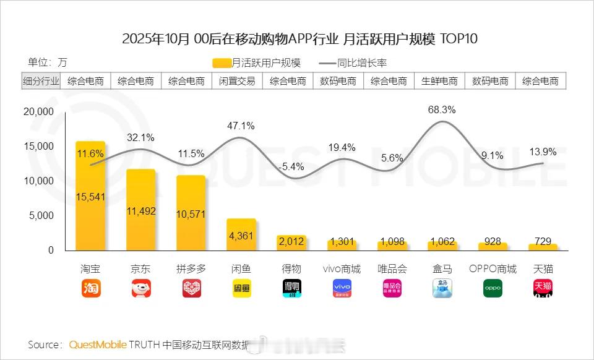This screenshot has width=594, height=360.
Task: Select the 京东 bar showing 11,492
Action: coord(141,210)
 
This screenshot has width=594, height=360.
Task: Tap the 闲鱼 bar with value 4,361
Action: coord(241,234)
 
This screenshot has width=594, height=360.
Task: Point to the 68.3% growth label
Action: coord(442,110)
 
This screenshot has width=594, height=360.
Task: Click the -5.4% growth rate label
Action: coord(291,166)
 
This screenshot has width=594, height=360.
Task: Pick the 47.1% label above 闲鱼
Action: coord(241,126)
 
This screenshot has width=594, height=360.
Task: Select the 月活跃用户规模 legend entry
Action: coord(256,62)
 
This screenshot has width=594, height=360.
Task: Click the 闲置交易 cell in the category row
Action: coord(237,81)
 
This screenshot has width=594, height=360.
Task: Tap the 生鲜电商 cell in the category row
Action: coord(439,81)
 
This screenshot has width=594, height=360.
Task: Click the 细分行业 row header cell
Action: coord(41,81)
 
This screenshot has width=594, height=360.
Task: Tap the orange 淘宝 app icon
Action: coord(91,288)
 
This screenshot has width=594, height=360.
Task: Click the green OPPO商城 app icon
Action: coord(493,288)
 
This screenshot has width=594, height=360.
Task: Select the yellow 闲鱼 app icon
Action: coord(242,288)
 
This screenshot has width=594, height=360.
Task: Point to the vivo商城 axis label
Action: coord(342,269)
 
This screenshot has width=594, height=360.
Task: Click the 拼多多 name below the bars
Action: coord(191,269)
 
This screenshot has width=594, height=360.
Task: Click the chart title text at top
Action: coord(299,39)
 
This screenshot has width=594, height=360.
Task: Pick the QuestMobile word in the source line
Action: coord(98,345)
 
